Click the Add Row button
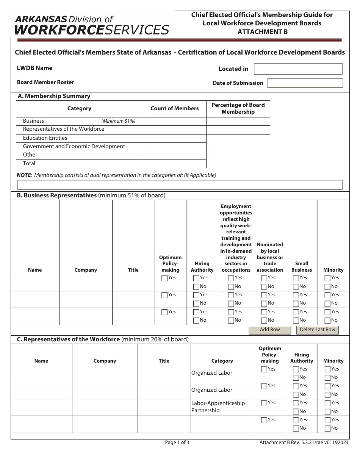click(270, 330)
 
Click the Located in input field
click(298, 69)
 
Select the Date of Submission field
click(305, 83)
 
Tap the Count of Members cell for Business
click(174, 121)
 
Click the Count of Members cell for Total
click(174, 164)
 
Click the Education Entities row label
click(45, 138)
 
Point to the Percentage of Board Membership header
click(238, 108)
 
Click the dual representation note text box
click(180, 185)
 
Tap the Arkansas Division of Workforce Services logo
click(92, 25)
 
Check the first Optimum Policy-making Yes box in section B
click(164, 278)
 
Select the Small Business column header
click(302, 267)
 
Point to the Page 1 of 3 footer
click(177, 442)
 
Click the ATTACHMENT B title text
click(262, 32)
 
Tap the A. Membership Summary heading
click(54, 96)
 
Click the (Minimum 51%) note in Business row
click(118, 121)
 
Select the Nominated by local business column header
click(270, 257)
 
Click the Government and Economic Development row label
click(74, 147)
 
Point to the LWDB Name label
click(34, 68)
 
